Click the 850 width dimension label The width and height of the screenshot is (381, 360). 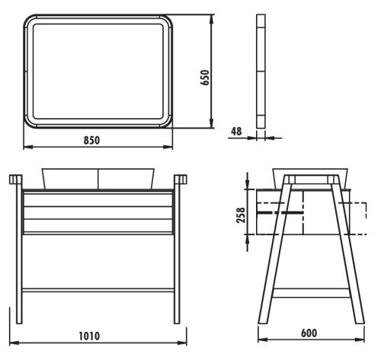click(x=91, y=140)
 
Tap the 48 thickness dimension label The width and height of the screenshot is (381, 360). click(x=236, y=131)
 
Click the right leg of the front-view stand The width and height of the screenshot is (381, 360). click(x=181, y=251)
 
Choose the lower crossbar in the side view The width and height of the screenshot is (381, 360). click(x=308, y=291)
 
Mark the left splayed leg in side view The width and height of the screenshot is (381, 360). click(x=275, y=251)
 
